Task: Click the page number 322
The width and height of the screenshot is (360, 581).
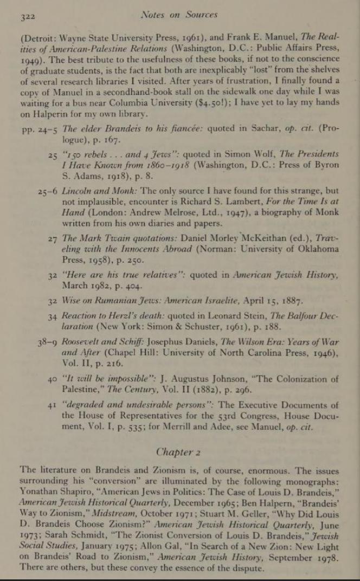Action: [27, 17]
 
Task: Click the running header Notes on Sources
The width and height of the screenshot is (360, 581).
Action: [178, 15]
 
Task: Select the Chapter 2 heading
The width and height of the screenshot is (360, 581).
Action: [175, 451]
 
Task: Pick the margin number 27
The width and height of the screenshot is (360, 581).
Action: [53, 238]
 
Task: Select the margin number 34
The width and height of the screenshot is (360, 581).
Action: [53, 316]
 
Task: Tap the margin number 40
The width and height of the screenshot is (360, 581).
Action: [53, 379]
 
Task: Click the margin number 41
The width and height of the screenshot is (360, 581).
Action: [53, 405]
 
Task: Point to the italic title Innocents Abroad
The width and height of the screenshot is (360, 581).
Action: [141, 249]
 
